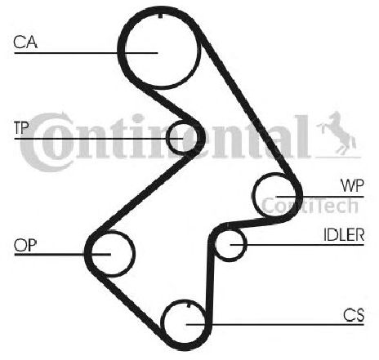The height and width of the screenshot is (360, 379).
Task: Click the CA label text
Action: (25, 42)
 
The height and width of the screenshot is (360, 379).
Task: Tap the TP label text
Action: (21, 127)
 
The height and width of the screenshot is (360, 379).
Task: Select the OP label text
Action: (25, 245)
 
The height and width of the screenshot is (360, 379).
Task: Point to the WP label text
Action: (352, 185)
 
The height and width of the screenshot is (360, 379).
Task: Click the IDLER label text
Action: (344, 235)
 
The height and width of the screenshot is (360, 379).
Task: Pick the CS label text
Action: (354, 315)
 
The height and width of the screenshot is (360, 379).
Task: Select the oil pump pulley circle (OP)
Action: (133, 254)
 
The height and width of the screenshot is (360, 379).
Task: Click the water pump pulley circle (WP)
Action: (254, 194)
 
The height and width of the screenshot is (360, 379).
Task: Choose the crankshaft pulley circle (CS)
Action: (164, 324)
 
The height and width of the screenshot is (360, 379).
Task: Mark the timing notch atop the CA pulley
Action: (160, 15)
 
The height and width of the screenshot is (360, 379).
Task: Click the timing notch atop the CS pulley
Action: (189, 305)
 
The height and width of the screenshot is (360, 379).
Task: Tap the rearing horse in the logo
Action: (337, 133)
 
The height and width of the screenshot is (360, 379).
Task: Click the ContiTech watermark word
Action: (310, 206)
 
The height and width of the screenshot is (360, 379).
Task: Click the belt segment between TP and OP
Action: (145, 192)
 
